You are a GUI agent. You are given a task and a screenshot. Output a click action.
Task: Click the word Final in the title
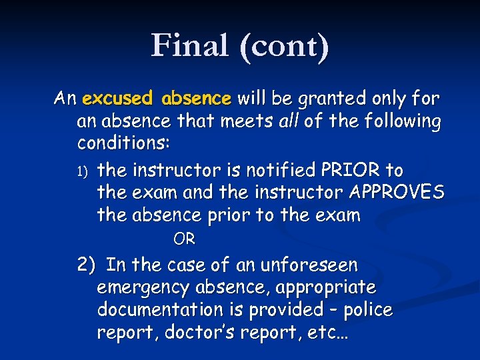(x=189, y=46)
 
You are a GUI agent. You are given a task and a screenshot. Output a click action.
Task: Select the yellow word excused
(x=117, y=99)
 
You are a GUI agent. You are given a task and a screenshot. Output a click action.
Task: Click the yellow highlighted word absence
(x=197, y=99)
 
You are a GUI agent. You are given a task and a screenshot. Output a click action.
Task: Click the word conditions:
(x=123, y=144)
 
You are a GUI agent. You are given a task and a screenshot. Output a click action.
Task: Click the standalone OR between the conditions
(x=184, y=238)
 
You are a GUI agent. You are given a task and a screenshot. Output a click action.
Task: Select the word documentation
(x=160, y=310)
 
